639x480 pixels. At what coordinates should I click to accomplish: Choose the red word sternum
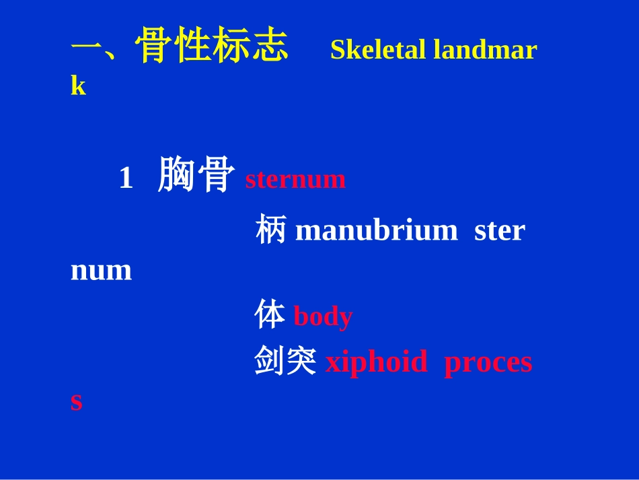tap(295, 180)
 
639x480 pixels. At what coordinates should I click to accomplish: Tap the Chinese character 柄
tap(270, 230)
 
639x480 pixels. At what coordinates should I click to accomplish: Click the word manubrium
tap(376, 231)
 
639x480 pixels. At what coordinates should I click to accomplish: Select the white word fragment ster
tap(499, 231)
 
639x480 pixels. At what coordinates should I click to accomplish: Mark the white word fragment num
tap(101, 271)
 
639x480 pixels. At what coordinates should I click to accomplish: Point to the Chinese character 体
tap(270, 316)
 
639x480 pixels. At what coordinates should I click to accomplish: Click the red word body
tap(323, 316)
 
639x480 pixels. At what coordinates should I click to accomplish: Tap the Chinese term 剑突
tap(285, 362)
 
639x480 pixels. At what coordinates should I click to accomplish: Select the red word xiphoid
tap(376, 362)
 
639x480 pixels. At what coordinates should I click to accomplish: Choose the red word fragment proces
tap(488, 362)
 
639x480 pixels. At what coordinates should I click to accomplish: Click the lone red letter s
tap(77, 402)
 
